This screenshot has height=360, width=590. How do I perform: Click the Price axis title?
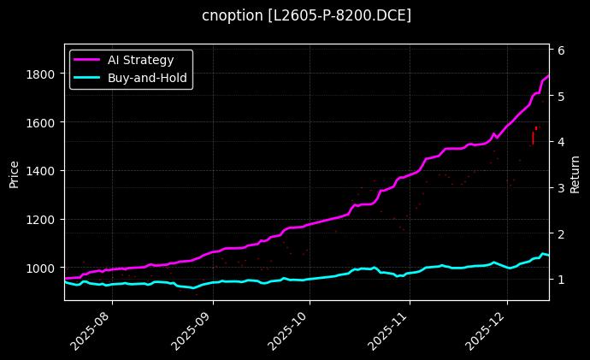(14, 172)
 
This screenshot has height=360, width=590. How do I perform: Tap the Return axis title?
(575, 172)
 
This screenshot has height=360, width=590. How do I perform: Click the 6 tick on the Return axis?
(561, 50)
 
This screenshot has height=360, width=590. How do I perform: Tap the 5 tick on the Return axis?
(561, 97)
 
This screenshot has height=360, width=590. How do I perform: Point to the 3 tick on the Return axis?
(561, 188)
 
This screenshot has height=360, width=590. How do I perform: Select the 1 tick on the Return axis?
(561, 280)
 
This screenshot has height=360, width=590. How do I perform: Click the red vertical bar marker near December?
(533, 138)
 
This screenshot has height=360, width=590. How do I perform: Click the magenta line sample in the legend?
(86, 60)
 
